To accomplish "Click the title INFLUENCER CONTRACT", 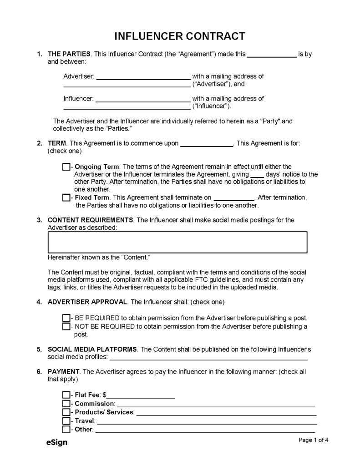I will coord(180,36).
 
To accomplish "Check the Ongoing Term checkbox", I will coord(66,167).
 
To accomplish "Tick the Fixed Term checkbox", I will coord(66,198).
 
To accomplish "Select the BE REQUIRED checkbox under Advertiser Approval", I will coord(66,318).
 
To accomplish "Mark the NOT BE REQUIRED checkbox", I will coord(66,326).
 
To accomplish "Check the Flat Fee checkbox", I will coord(66,395).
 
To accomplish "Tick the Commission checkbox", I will coord(66,404).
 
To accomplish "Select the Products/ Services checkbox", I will coord(66,412).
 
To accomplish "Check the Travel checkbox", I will coord(66,421).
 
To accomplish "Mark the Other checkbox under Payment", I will coord(66,430).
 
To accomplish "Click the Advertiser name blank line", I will coord(143,76).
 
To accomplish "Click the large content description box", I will coord(177,242).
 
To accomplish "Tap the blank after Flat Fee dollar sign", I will coord(141,395).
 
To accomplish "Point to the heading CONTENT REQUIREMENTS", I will coord(90,220).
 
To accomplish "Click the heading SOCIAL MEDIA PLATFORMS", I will coord(92,349).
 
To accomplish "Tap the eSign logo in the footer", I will coord(56,442).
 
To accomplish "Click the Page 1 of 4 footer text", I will coord(313,440).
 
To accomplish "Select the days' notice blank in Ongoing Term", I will coord(257,174).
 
